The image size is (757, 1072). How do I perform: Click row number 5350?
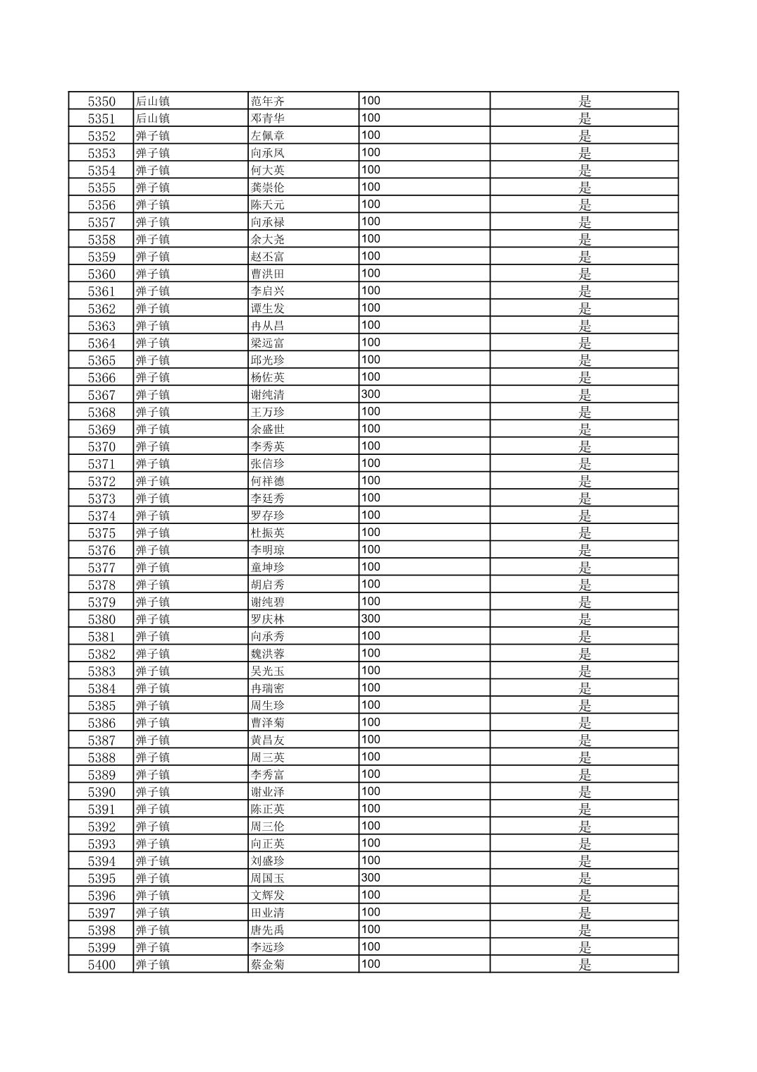click(101, 102)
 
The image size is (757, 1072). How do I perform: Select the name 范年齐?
click(268, 102)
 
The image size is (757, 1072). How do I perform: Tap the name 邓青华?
click(268, 118)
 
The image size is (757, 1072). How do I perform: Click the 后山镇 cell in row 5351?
click(153, 118)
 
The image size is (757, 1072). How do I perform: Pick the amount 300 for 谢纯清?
click(371, 394)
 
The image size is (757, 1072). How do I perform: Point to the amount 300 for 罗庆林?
click(371, 619)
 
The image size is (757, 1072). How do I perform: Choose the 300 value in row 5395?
click(371, 877)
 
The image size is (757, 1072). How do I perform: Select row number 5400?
click(101, 965)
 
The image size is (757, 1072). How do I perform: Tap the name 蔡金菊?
click(268, 965)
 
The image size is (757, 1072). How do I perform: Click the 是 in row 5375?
click(585, 533)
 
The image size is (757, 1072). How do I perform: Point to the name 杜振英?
click(268, 533)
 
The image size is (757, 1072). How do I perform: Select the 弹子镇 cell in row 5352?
click(153, 136)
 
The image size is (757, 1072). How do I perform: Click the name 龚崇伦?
click(268, 188)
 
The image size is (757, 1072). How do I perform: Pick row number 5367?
click(101, 395)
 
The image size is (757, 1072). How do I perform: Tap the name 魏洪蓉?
click(268, 654)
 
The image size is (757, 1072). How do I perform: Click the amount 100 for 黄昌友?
click(371, 739)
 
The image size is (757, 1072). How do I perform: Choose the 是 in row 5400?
click(585, 965)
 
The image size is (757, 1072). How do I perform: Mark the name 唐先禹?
click(268, 930)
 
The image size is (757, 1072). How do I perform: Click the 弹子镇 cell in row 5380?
click(153, 619)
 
